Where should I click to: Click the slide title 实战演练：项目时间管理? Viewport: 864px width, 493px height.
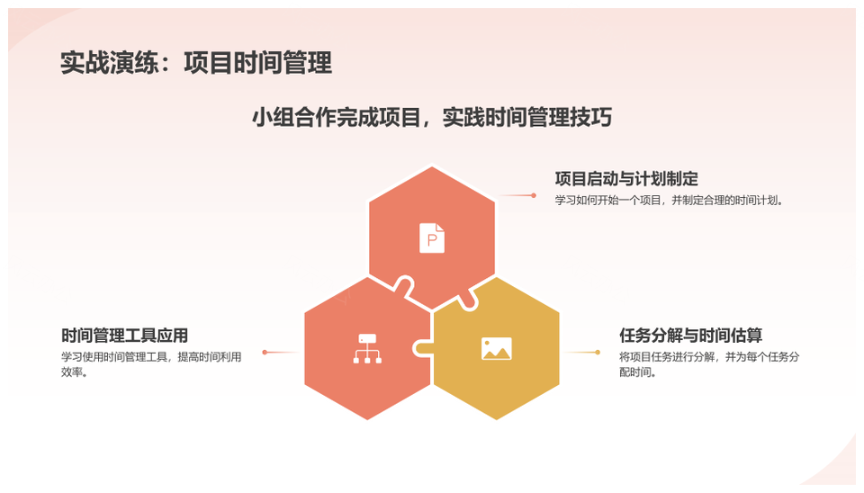[196, 62]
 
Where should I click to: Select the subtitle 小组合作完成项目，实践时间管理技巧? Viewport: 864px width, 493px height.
[432, 117]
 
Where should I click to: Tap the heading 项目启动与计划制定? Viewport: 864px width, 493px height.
[626, 178]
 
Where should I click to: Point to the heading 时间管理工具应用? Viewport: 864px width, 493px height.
[124, 335]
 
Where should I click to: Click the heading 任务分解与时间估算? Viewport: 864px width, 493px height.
[690, 335]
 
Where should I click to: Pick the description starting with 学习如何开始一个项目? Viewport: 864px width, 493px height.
[669, 200]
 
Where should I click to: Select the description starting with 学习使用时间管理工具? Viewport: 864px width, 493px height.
[151, 364]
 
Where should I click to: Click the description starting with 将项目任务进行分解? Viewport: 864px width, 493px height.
[709, 364]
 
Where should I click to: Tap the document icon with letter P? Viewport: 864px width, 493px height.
[432, 238]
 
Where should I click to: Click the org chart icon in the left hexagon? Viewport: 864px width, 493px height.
[367, 349]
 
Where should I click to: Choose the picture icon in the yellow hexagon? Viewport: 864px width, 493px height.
[497, 349]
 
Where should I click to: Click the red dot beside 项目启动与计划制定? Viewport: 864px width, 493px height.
[534, 195]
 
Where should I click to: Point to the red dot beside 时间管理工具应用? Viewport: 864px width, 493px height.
[265, 352]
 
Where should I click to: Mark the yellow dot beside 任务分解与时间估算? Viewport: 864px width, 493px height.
[598, 352]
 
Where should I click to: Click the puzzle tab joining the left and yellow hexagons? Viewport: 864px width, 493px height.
[421, 349]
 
